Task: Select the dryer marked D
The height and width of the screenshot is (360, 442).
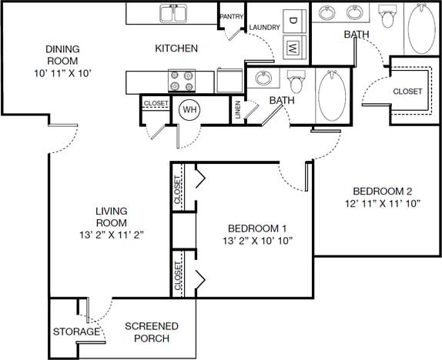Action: point(293,20)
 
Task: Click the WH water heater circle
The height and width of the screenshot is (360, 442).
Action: point(189,110)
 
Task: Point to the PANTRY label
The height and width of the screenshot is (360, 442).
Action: point(232,16)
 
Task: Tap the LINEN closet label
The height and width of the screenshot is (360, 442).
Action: point(238,111)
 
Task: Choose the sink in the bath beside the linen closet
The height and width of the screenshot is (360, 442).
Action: point(263,78)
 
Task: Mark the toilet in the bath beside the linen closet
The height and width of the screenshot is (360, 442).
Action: point(295,80)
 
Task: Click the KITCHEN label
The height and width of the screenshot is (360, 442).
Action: point(176,48)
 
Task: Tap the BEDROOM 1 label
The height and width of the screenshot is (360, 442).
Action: point(257,228)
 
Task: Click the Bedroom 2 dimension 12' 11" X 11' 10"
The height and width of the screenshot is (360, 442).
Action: point(383,205)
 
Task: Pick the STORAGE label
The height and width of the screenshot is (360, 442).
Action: point(76,332)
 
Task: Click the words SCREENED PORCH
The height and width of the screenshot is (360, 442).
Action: point(152,332)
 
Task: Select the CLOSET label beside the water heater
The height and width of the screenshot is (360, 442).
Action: point(156,102)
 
